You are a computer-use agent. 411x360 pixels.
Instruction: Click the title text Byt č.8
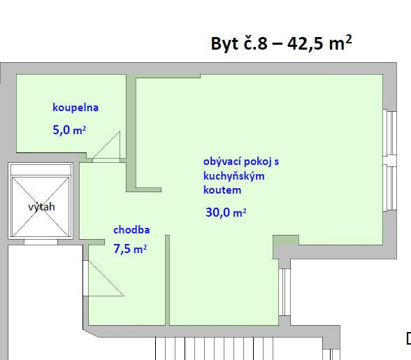(239, 43)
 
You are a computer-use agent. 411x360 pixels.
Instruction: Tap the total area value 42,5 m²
(319, 43)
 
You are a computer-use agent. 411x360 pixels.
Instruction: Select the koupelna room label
(75, 108)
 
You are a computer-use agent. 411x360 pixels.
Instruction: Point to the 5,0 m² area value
(69, 130)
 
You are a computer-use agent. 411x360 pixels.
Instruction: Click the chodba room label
(131, 230)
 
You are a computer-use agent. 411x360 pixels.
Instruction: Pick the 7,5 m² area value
(130, 249)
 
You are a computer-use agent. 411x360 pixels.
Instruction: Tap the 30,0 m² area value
(226, 212)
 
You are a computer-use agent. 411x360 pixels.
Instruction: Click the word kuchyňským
(233, 176)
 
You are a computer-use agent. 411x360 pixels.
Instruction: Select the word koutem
(222, 190)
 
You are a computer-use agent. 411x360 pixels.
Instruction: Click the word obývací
(222, 161)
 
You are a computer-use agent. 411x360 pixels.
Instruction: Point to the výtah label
(42, 207)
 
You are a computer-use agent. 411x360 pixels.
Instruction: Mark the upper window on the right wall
(390, 134)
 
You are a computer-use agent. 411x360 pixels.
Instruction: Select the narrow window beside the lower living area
(284, 292)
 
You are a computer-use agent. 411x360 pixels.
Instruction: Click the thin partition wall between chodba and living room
(167, 280)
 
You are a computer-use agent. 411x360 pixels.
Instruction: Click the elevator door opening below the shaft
(41, 242)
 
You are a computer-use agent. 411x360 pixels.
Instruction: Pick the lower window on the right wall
(390, 188)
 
